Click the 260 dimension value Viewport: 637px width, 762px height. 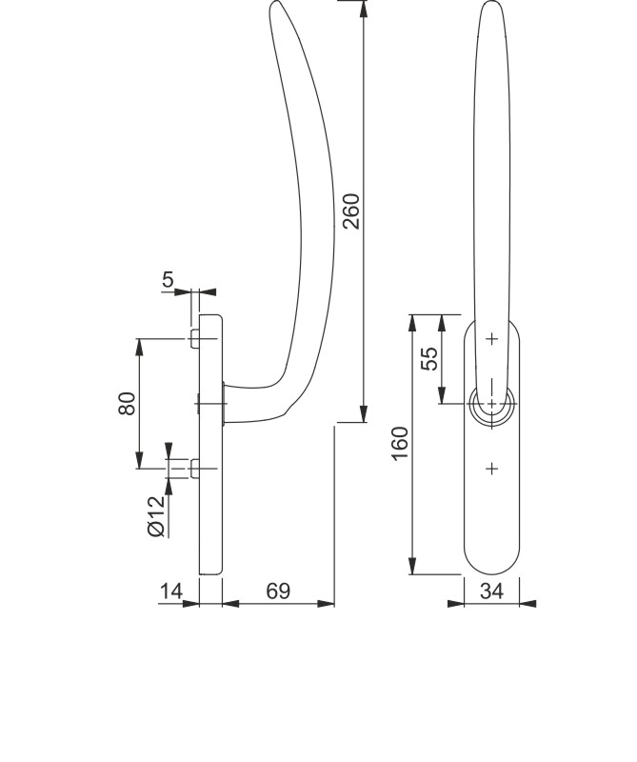(x=351, y=211)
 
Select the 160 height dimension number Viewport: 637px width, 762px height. (x=400, y=444)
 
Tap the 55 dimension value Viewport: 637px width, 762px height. (x=429, y=358)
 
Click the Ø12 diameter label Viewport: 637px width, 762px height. (x=157, y=515)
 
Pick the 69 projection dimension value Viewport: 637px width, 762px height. (x=278, y=592)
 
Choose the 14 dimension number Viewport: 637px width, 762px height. (x=171, y=592)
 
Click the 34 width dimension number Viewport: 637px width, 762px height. (x=491, y=592)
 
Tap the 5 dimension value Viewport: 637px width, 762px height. (x=169, y=279)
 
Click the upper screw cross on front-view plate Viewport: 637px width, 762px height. (x=491, y=339)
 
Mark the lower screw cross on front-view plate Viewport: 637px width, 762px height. (x=491, y=468)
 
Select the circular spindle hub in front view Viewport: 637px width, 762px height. (x=491, y=404)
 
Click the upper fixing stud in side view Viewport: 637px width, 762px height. (x=194, y=339)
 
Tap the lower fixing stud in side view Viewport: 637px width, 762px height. (x=194, y=468)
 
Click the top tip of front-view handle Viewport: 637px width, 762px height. (x=490, y=4)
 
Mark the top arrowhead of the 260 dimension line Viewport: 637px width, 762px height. (x=364, y=8)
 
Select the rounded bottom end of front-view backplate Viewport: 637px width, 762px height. (x=491, y=571)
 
